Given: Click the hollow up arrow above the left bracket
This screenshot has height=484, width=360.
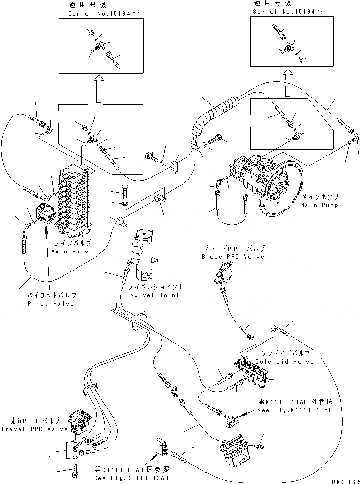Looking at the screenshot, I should [99, 89].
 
